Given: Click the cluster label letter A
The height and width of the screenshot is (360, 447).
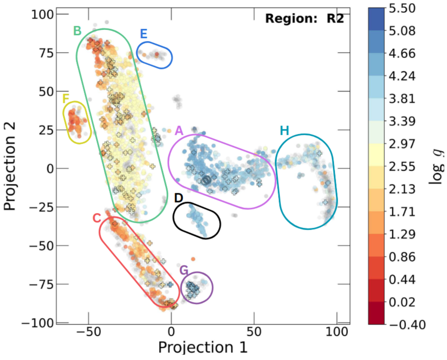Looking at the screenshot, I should tap(179, 131).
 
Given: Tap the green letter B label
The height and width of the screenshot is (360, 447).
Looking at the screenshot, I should tap(77, 31).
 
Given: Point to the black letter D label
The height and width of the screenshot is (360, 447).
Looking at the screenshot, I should tap(179, 198).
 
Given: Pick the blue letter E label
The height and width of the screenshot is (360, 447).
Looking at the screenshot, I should tap(143, 34).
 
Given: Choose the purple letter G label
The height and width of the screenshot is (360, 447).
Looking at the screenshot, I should tap(184, 270).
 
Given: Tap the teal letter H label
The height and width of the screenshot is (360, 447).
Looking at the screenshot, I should tap(284, 131).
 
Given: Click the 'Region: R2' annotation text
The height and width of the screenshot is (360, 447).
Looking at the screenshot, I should tap(304, 19).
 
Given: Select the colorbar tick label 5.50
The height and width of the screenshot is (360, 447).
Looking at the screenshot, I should tap(402, 8).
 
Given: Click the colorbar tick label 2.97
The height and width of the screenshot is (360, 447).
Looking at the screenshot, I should tap(402, 144).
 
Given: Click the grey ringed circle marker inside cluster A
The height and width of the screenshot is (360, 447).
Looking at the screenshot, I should tap(206, 180).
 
